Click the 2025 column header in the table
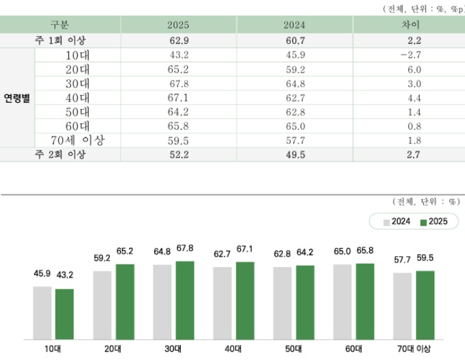pos(178,25)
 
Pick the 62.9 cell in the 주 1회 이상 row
pos(178,41)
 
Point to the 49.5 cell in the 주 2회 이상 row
pos(295,154)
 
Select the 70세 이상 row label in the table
pos(78,140)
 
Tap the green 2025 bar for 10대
pos(65,314)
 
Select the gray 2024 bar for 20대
pos(102,305)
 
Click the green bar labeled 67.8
pos(185,300)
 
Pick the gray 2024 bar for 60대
pos(343,302)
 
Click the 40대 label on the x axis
pos(234,350)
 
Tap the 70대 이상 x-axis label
pos(414,350)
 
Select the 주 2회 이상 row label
pos(60,154)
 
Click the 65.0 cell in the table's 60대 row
pos(295,126)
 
